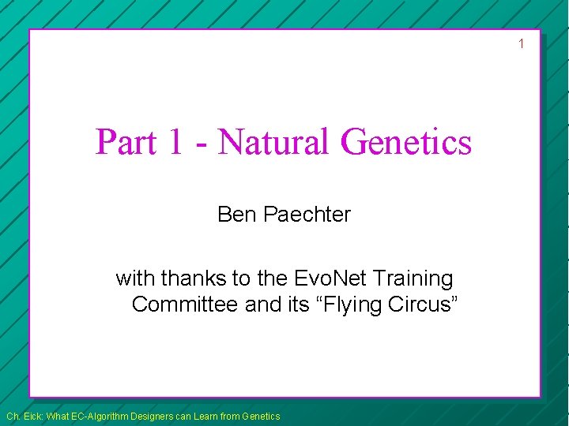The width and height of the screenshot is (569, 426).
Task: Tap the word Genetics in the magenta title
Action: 406,143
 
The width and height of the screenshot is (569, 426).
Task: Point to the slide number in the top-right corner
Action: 521,43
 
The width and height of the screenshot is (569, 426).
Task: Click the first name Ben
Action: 234,214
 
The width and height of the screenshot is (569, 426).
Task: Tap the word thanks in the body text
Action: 190,278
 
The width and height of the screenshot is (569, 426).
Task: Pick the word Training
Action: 413,278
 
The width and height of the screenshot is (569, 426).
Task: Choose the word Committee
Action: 186,305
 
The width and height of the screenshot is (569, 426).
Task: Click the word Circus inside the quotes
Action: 420,305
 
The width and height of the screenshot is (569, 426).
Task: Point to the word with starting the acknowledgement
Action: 135,278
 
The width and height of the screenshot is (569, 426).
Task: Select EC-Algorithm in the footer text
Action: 107,416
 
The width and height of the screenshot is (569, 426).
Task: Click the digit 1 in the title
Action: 173,143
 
